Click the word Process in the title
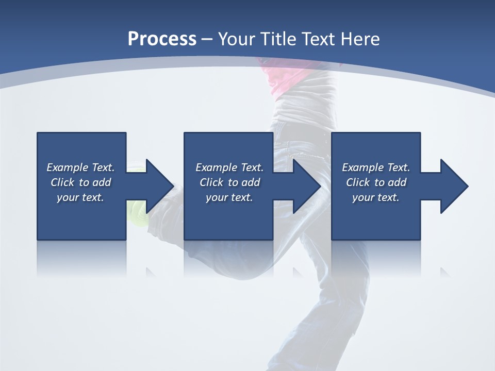pos(162,39)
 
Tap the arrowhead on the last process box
pos(453,186)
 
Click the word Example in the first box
pos(68,167)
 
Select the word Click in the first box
pos(63,182)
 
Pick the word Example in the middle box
pos(217,167)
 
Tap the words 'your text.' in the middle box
pos(229,197)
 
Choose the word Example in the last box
pos(364,167)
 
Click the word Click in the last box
pos(358,182)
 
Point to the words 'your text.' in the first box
pos(80,197)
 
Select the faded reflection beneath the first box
pos(81,258)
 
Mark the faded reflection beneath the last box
pos(376,258)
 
